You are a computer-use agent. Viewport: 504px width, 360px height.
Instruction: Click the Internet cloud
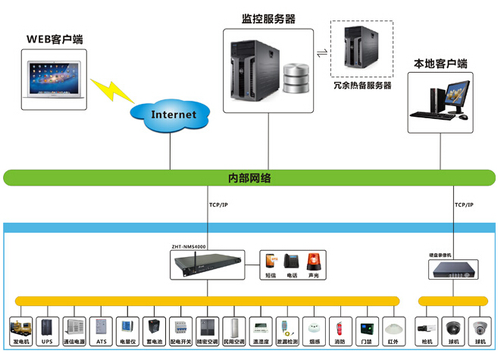click(x=174, y=114)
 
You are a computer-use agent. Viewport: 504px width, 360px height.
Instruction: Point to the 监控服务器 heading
click(x=268, y=18)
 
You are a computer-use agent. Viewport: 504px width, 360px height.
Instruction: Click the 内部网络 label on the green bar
click(x=249, y=178)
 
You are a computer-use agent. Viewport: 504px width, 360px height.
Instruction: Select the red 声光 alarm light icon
click(x=313, y=261)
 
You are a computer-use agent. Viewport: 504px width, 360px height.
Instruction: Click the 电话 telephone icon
click(x=292, y=261)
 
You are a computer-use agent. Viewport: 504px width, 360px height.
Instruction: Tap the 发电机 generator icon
click(x=20, y=327)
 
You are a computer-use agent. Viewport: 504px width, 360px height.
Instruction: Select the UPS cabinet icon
click(x=48, y=327)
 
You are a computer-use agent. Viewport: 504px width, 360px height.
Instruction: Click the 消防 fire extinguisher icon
click(x=339, y=327)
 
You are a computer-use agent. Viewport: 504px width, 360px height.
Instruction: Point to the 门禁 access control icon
click(x=366, y=327)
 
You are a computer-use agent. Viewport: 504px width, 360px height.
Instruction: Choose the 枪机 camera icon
click(x=424, y=328)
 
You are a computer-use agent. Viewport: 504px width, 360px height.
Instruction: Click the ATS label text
click(x=101, y=342)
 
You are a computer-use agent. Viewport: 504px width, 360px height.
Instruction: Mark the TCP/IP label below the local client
click(x=464, y=205)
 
